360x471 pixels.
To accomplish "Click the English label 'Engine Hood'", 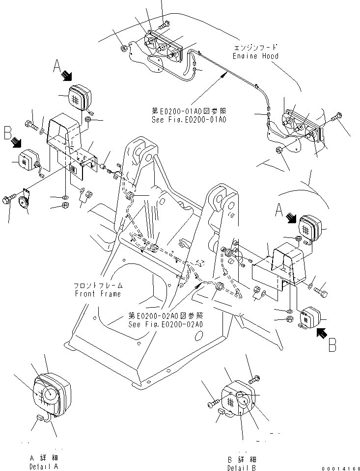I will coord(255,56).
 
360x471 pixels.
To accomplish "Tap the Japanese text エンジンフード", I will coord(255,48).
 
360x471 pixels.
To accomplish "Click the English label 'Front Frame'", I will coord(97,294).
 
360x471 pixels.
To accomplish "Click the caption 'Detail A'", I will coord(44,466).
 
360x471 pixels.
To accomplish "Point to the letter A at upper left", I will coord(57,66).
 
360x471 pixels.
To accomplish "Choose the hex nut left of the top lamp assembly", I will coord(125,49).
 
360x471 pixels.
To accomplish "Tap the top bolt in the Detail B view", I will coord(254,379).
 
